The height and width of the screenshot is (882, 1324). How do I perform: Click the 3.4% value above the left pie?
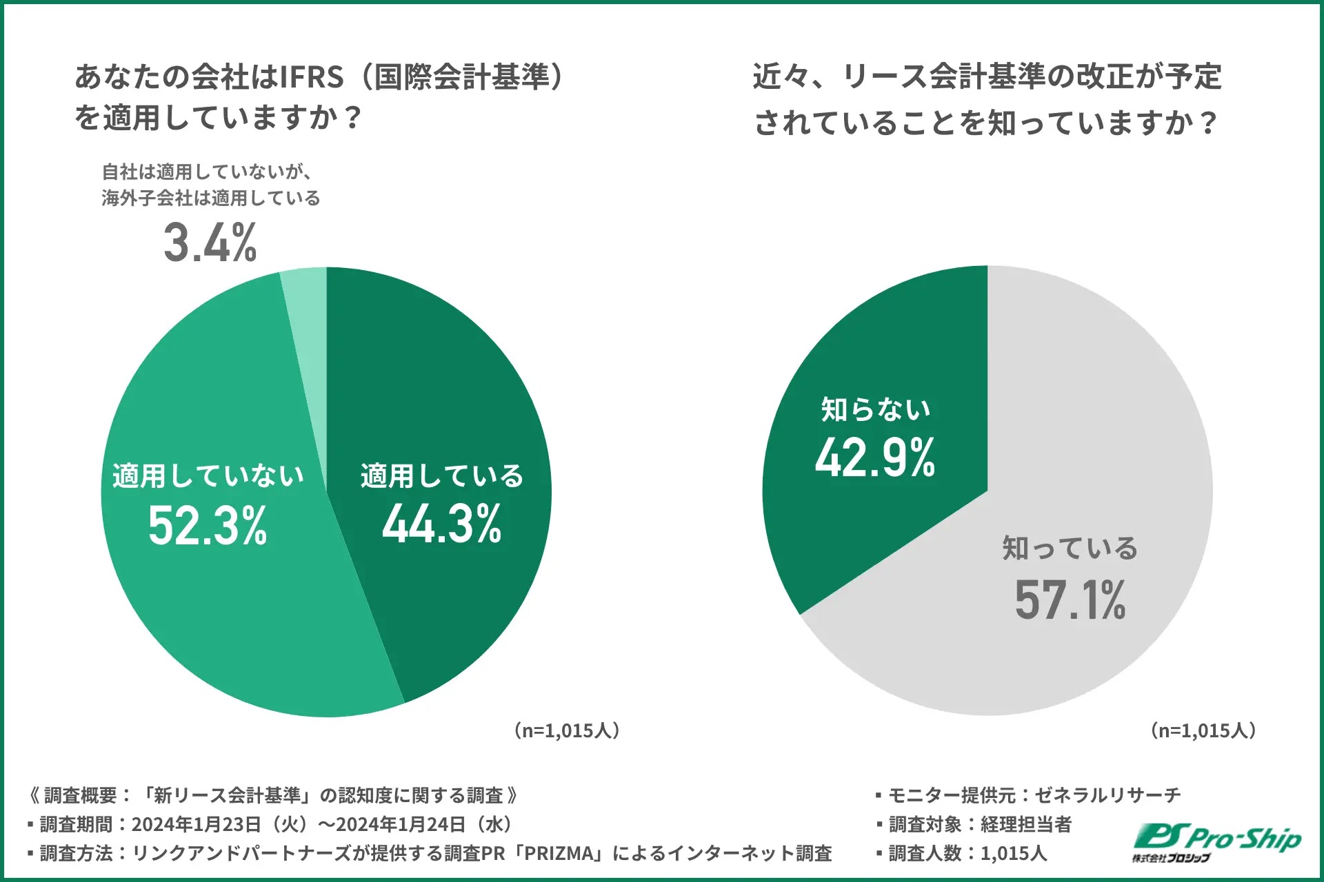(210, 243)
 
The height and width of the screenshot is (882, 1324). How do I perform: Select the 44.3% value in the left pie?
(442, 524)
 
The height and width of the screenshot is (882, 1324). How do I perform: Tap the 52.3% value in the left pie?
(208, 526)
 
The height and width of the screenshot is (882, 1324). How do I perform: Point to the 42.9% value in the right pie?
(875, 458)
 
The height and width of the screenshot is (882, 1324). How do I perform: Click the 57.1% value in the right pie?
(1070, 600)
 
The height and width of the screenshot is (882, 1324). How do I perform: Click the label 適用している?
(442, 476)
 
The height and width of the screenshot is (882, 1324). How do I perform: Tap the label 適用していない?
(208, 476)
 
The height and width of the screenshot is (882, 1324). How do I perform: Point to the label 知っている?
(1070, 549)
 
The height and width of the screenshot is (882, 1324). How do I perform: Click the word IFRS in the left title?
(312, 77)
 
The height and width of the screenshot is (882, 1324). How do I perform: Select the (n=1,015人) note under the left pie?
(567, 730)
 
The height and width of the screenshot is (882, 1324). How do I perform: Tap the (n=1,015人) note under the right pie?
(1203, 730)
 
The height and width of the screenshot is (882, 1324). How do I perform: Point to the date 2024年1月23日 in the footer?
(197, 824)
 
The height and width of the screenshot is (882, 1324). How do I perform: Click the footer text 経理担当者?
(1026, 824)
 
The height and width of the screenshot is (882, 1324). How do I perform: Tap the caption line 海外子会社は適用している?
(211, 198)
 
